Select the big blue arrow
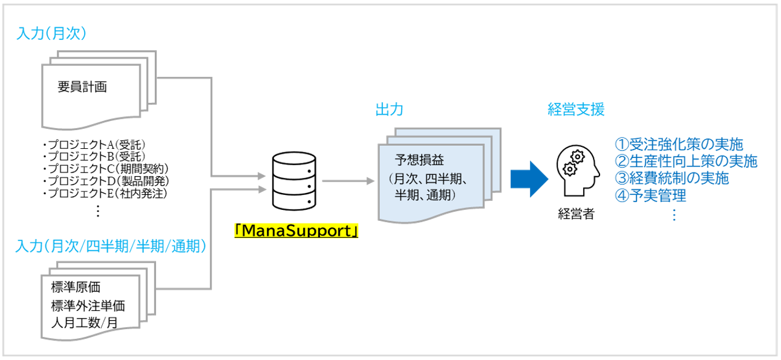click(x=528, y=179)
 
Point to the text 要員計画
click(x=82, y=87)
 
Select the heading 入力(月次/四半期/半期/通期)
click(x=111, y=247)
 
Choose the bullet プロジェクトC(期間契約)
click(x=105, y=169)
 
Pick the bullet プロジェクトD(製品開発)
click(x=105, y=182)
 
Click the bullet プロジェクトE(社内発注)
click(x=105, y=194)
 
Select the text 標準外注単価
click(x=88, y=305)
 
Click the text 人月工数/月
click(x=85, y=322)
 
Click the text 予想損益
click(x=420, y=160)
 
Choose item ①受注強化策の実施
click(x=679, y=145)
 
